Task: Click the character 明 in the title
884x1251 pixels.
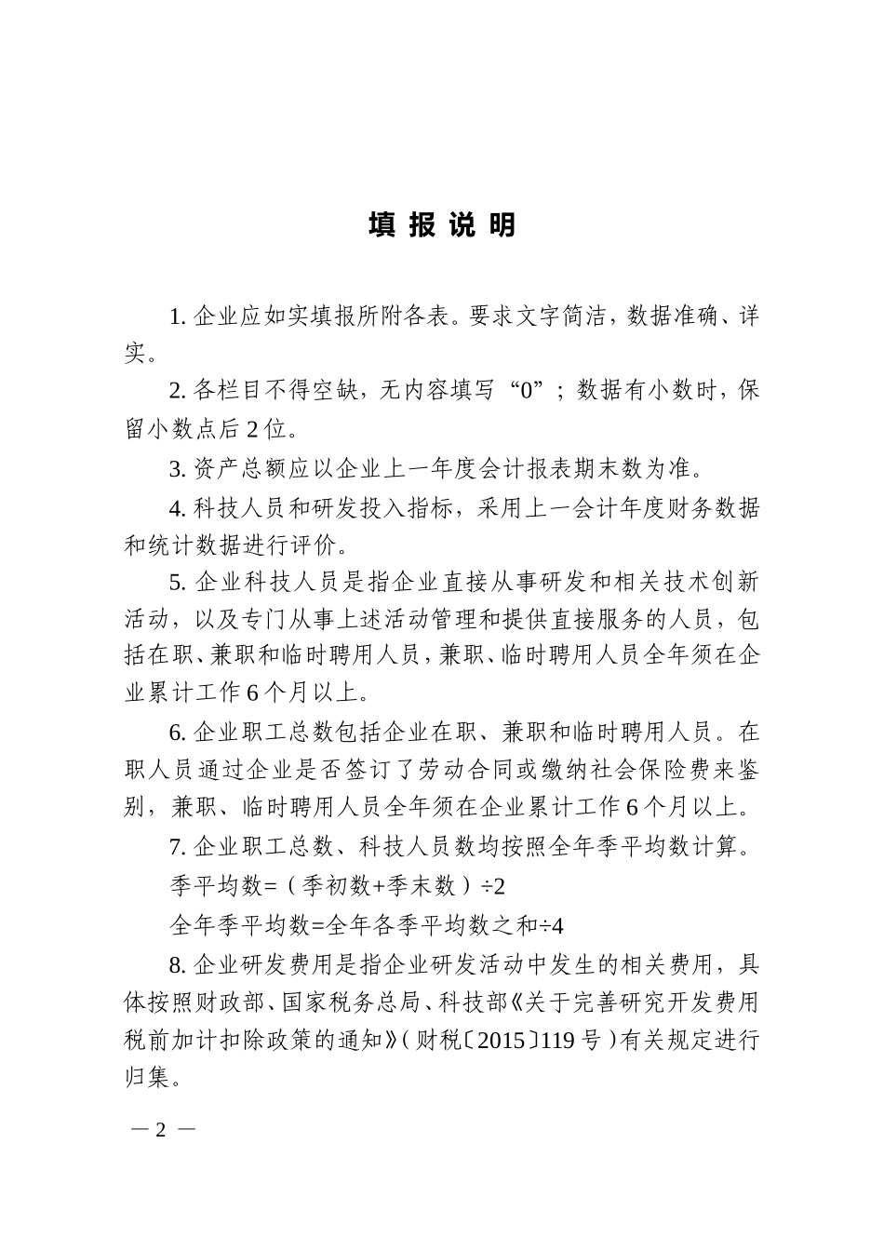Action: (502, 225)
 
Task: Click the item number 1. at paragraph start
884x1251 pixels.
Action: (179, 316)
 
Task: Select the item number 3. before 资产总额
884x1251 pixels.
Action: (179, 467)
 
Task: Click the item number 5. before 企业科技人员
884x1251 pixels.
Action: (179, 583)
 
